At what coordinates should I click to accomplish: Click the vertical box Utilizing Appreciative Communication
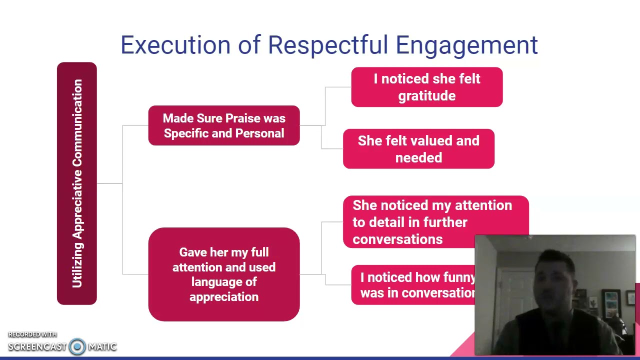click(x=77, y=183)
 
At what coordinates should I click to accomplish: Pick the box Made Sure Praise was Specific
click(x=224, y=125)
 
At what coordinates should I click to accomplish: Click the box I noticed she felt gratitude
click(x=426, y=87)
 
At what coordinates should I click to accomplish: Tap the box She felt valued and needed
click(x=418, y=149)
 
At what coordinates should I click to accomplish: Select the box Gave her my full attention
click(x=224, y=274)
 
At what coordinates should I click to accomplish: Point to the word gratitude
click(x=426, y=96)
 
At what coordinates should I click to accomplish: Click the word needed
click(x=418, y=158)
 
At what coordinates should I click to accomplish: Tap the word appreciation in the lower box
click(x=224, y=297)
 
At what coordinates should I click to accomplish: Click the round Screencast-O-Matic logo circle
click(x=77, y=346)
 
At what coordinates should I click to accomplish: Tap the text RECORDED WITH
click(x=32, y=334)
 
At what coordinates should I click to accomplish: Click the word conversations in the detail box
click(x=397, y=239)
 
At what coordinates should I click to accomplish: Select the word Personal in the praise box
click(x=259, y=133)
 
